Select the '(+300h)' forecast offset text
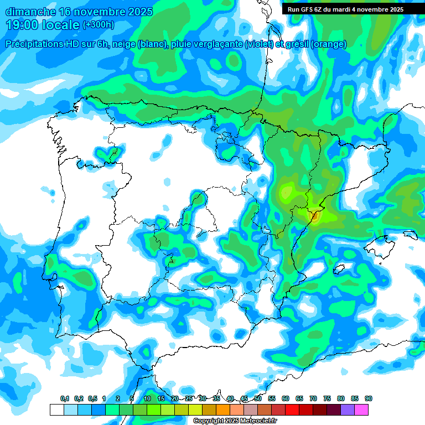98,25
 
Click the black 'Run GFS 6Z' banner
345,9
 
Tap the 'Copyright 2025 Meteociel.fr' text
235,421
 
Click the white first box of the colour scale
56,410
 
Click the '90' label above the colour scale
369,398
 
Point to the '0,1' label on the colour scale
65,398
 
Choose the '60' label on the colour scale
286,398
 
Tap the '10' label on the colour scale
147,398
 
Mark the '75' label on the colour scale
327,398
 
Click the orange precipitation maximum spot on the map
314,217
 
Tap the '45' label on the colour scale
244,398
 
